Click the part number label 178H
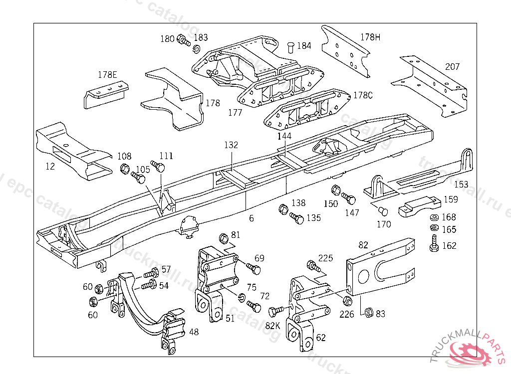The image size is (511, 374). coord(370,37)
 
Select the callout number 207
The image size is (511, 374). coord(452,67)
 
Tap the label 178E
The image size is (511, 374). coord(107,75)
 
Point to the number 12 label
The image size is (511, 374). coord(50,167)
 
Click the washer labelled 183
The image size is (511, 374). coord(197,48)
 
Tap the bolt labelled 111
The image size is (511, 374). coord(159,167)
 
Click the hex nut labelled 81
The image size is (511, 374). coord(224,236)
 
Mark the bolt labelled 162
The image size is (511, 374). coord(434,245)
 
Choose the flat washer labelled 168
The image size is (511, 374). coord(434,218)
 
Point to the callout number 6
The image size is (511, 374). coord(252,218)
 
